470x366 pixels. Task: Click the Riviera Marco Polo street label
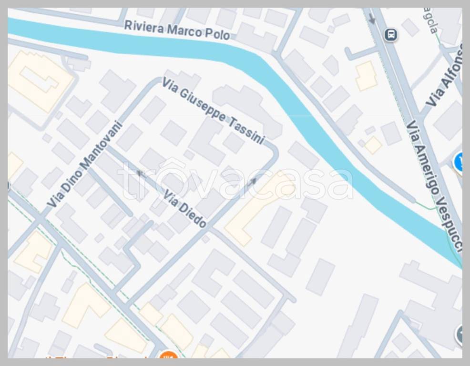click(x=177, y=30)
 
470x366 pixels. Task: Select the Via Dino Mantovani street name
click(x=85, y=164)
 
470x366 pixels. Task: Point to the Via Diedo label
click(x=185, y=209)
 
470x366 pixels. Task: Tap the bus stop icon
click(x=391, y=34)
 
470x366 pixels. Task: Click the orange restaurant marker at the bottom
click(x=168, y=356)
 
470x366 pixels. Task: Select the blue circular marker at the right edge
click(x=460, y=162)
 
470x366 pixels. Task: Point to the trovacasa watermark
click(x=235, y=181)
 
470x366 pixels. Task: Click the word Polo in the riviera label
click(x=218, y=34)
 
